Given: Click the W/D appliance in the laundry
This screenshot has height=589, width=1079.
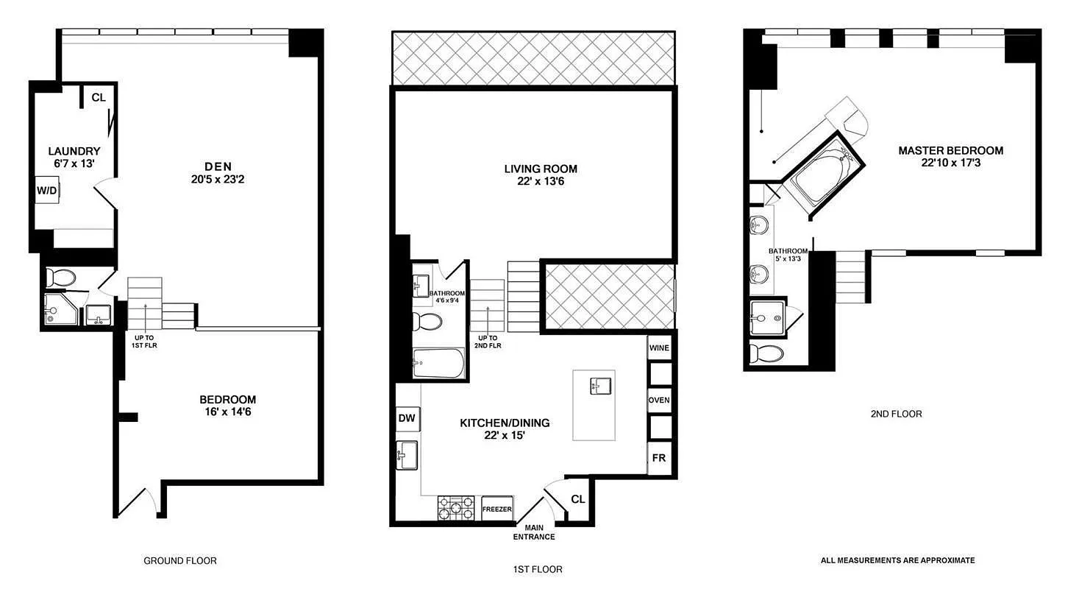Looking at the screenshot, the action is click(47, 190).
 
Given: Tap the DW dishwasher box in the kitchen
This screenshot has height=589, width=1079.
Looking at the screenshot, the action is click(407, 418).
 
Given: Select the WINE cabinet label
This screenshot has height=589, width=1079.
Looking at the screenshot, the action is click(659, 348).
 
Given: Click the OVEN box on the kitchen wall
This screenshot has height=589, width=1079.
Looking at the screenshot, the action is click(659, 400).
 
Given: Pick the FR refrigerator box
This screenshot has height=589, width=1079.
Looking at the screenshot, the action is click(659, 458).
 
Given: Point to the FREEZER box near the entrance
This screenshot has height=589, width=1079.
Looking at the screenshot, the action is click(497, 509).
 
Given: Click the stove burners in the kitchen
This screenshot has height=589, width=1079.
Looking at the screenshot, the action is click(456, 509).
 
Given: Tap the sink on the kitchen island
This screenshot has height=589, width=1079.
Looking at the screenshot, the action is click(601, 386).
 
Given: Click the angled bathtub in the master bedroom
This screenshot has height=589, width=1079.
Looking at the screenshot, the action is click(824, 174).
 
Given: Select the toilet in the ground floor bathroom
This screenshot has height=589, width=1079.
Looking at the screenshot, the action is click(61, 278).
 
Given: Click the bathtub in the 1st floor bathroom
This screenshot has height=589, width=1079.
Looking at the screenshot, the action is click(439, 364).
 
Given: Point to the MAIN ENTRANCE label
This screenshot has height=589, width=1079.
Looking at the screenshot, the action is click(534, 532).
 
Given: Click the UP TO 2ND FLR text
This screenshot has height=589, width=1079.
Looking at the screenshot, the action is click(488, 342).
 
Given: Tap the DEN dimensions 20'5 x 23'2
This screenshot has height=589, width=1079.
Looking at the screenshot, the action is click(218, 180).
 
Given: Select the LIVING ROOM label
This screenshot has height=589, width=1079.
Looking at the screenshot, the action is click(541, 169).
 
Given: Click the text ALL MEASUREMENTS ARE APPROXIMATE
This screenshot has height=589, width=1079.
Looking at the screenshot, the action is click(898, 560).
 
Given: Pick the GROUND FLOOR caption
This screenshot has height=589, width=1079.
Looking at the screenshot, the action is click(180, 560).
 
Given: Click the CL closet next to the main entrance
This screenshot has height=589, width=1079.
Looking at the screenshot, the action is click(577, 499).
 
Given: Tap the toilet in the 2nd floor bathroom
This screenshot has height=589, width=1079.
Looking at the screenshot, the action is click(766, 353).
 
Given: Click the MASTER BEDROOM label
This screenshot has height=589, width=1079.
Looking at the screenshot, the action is click(951, 150).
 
